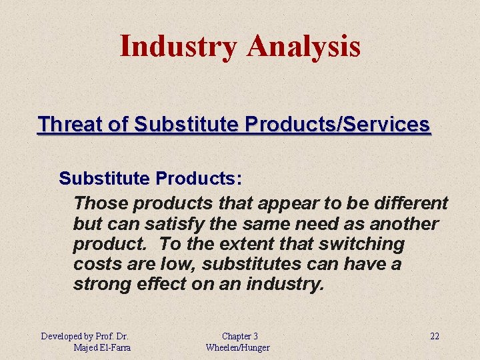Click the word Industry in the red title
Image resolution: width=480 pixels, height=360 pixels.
[x=178, y=47]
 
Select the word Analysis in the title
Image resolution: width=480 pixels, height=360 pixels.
[x=303, y=47]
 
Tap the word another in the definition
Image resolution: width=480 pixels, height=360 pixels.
[x=403, y=223]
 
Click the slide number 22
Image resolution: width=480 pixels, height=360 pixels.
[x=434, y=336]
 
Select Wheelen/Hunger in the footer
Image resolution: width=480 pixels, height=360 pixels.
[x=237, y=347]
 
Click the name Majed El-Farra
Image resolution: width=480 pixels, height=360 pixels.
[x=103, y=347]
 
